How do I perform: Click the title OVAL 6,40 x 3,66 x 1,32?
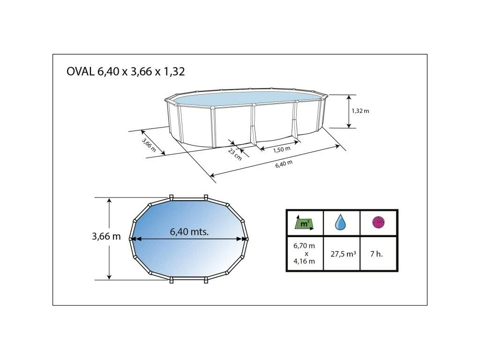(x=126, y=72)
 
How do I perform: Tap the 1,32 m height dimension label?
(x=360, y=111)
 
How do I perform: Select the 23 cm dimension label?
(x=235, y=154)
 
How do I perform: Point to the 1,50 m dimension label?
(x=282, y=149)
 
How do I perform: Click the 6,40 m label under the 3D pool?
(x=284, y=164)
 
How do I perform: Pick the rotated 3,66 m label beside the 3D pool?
(x=149, y=145)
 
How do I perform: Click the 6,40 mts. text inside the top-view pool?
(x=189, y=232)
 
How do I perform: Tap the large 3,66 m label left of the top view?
(x=106, y=236)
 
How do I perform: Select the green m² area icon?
(x=304, y=223)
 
